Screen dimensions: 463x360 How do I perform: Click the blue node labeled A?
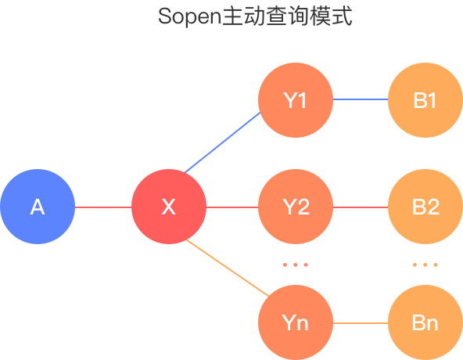(38, 207)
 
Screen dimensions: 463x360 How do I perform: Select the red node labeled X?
(169, 207)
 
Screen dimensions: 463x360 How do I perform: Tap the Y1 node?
(296, 100)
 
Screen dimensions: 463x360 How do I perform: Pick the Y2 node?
(296, 207)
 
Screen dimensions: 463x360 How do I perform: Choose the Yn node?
(296, 322)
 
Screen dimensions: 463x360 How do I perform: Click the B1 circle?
(425, 100)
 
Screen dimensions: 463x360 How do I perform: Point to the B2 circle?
(425, 207)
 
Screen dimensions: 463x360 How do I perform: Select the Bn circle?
(425, 322)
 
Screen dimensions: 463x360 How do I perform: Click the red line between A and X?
(103, 207)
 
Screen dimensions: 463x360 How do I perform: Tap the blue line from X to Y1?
(222, 142)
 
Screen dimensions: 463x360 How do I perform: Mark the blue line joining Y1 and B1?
(361, 99)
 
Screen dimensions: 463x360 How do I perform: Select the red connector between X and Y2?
(232, 207)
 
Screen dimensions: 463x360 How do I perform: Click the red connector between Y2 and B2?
(361, 207)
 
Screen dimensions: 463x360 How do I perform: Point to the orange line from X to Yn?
(228, 268)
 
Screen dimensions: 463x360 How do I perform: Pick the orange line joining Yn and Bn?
(361, 323)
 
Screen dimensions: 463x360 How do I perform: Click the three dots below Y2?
(296, 265)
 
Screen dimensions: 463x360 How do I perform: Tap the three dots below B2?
(425, 265)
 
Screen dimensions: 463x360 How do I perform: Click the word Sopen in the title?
(189, 17)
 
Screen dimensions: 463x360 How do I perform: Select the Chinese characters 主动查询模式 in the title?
(287, 16)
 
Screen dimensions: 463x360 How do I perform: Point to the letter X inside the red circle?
(169, 207)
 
